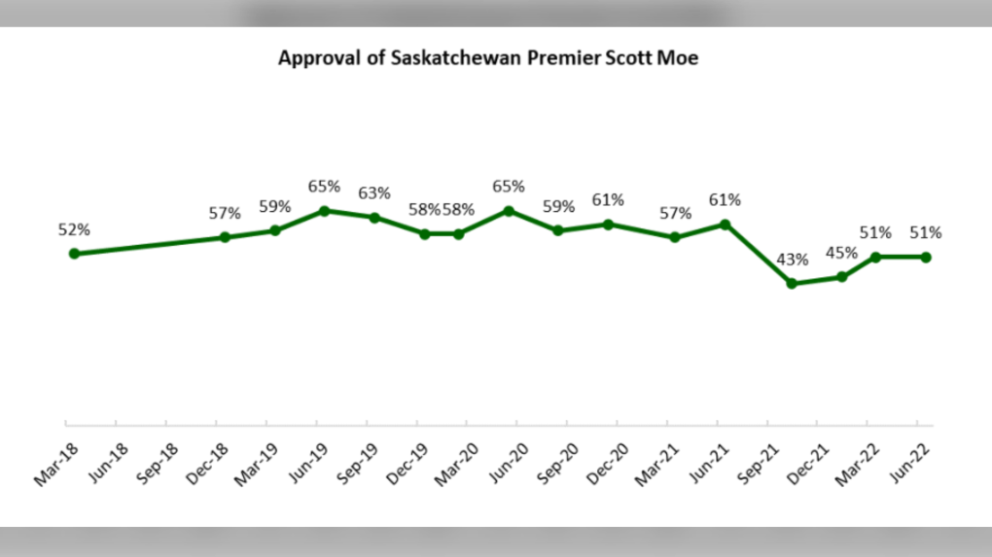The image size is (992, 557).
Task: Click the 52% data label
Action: [x=74, y=230]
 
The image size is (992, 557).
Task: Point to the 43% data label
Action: [x=792, y=261]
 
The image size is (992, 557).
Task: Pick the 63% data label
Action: [x=374, y=192]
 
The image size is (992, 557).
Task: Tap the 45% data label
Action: [x=842, y=254]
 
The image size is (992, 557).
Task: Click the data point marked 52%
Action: [x=74, y=254]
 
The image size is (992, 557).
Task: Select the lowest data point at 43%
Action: [x=792, y=284]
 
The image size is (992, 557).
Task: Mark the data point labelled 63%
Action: [x=374, y=217]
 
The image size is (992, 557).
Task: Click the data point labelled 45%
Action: [x=842, y=277]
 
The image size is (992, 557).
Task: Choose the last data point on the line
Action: [x=926, y=257]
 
